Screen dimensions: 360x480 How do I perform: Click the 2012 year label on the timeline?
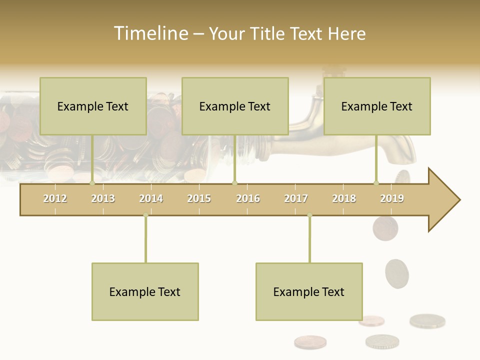coord(55,198)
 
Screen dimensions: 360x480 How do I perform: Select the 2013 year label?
coord(103,198)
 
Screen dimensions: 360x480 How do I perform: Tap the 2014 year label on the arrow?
coord(151,198)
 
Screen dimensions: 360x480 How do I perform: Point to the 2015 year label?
coord(199,198)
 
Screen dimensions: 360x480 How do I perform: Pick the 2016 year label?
coord(248,198)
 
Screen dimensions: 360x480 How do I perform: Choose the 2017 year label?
coord(296,198)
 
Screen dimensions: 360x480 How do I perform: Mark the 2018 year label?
coord(344,198)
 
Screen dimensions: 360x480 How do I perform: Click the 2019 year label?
coord(392,198)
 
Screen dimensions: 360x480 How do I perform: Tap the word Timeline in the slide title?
coord(150,33)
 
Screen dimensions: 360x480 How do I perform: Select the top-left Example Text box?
coord(93,106)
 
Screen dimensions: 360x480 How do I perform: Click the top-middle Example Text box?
coord(235,106)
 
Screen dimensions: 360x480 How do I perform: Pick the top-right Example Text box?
coord(377,106)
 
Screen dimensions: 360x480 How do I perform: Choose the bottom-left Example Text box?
coord(145,291)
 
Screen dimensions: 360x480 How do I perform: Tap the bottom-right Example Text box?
coord(309,291)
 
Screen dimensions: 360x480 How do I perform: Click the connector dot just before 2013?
coord(92,183)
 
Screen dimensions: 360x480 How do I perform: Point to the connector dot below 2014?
coord(145,215)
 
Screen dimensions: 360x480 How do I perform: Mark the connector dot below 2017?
coord(309,215)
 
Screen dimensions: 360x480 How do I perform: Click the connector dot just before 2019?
coord(376,183)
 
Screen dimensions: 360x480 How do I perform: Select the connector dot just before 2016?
coord(234,183)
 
